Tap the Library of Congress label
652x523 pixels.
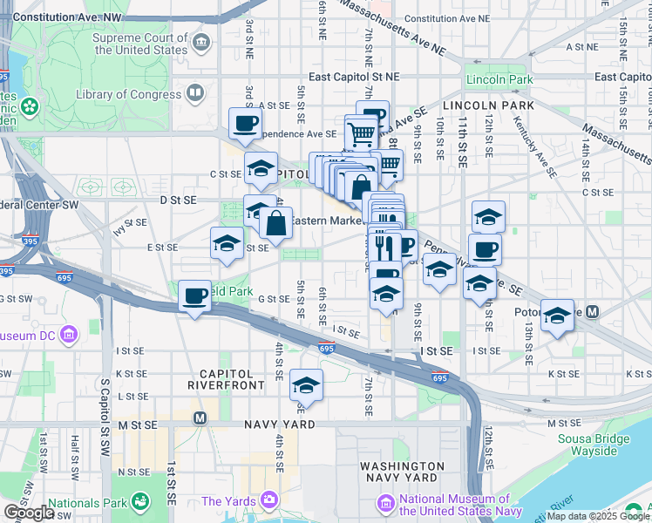(128, 94)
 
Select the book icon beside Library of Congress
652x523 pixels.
(195, 93)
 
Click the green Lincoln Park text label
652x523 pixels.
(499, 80)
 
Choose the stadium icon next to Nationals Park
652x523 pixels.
(139, 501)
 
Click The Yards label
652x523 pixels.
(229, 501)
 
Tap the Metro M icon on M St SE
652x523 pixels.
(200, 418)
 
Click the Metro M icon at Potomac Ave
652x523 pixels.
(593, 311)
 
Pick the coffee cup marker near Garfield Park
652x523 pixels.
(194, 296)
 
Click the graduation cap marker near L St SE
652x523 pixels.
(306, 384)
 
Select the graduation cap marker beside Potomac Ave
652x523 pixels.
(557, 316)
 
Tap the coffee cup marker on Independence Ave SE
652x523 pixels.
(245, 124)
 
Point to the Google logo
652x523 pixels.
(29, 513)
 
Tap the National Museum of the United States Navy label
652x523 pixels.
(453, 505)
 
